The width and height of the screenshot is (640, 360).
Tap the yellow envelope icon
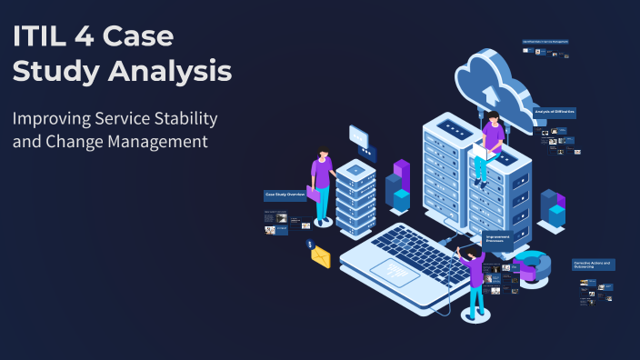point(320,257)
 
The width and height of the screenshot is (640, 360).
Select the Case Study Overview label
point(285,195)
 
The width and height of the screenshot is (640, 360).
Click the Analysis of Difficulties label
point(555,112)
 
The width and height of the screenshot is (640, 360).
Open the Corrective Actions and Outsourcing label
point(594,265)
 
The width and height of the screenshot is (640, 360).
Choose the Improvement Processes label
point(497,238)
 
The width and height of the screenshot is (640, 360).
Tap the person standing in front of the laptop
point(474,282)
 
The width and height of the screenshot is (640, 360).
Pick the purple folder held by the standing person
point(314,193)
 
